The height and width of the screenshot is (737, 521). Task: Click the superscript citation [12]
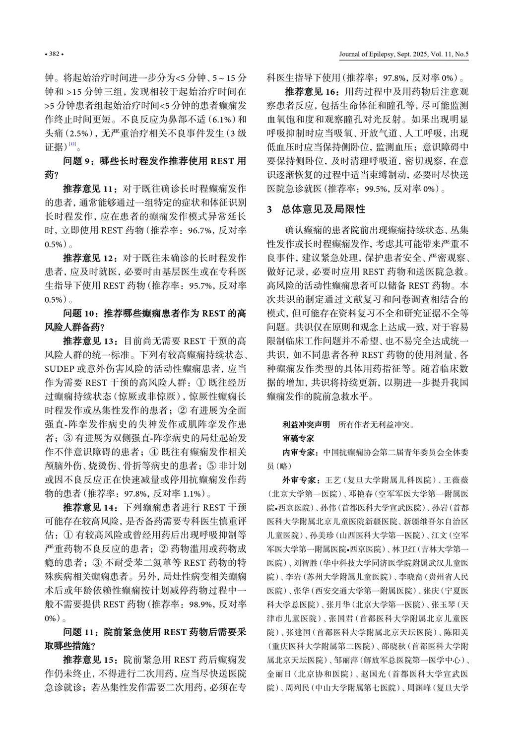[72, 144]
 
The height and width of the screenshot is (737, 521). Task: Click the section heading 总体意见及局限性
[323, 209]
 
